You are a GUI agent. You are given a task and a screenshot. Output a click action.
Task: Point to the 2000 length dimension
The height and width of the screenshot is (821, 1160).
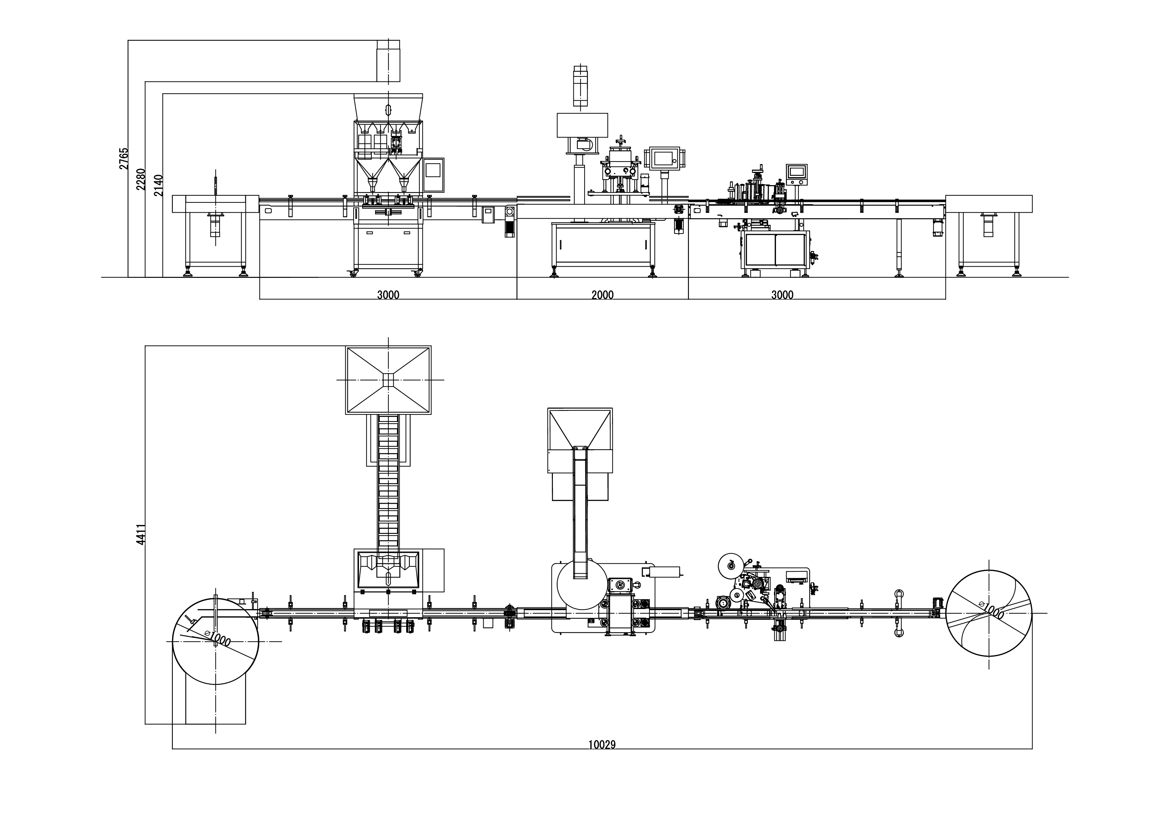point(602,295)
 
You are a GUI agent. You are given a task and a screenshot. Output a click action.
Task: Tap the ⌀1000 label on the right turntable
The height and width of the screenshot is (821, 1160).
point(991,611)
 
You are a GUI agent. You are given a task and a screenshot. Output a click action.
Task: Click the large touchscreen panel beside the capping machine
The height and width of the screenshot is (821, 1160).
point(665,158)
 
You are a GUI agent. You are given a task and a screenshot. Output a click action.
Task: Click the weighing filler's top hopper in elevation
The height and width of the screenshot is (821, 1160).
point(388,107)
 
